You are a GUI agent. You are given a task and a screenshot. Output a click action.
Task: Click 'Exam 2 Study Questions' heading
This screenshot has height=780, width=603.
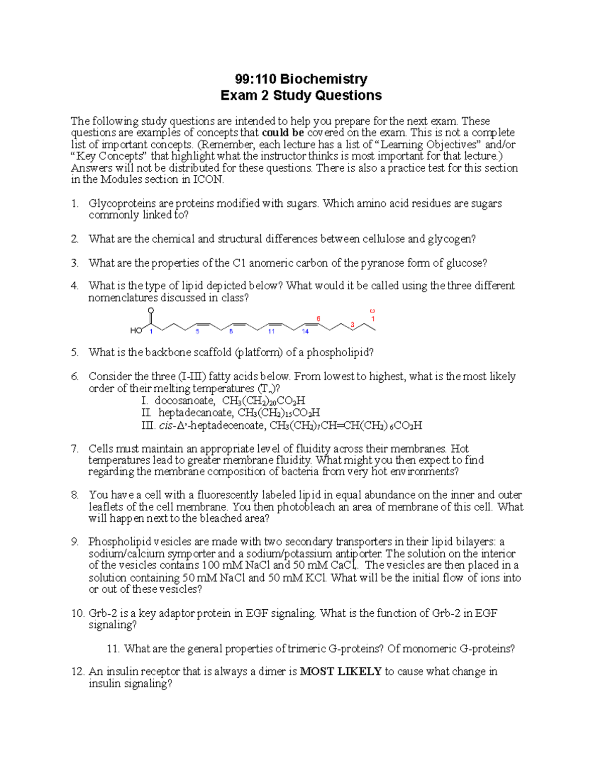point(301,95)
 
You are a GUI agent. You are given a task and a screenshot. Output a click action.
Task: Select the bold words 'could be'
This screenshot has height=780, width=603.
point(283,133)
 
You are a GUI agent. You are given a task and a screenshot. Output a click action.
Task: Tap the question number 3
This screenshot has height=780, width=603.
point(74,263)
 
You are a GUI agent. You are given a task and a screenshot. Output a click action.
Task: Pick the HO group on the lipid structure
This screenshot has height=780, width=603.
point(136,330)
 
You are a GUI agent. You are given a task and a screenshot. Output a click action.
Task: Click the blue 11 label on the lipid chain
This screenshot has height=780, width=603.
point(271,331)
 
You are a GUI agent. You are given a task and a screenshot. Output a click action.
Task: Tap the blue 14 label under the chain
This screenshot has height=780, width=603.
point(305,331)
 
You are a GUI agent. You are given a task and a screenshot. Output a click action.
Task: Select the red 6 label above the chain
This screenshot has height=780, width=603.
point(318,319)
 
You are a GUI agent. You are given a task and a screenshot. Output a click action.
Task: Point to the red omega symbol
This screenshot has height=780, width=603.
point(372,311)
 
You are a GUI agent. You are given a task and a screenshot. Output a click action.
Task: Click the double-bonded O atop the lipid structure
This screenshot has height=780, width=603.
point(150,310)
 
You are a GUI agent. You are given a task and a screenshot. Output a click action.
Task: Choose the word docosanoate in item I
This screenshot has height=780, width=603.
point(184,401)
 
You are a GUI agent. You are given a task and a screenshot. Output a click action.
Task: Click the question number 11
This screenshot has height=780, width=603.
point(113,649)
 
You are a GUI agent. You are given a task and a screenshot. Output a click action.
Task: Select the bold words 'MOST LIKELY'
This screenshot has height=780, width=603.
point(341,672)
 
